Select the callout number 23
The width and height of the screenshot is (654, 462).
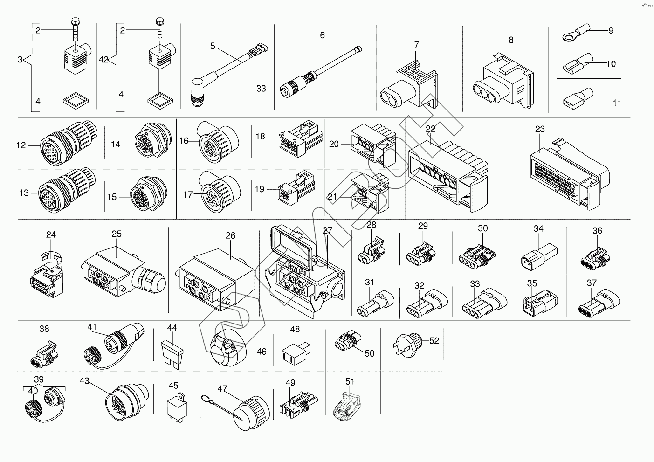540,129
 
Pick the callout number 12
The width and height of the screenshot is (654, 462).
21,145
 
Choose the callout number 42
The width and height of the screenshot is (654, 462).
104,60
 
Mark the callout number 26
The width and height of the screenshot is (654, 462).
231,236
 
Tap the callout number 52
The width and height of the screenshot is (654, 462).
434,341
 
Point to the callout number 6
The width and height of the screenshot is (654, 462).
322,35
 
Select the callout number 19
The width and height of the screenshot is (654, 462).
260,189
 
